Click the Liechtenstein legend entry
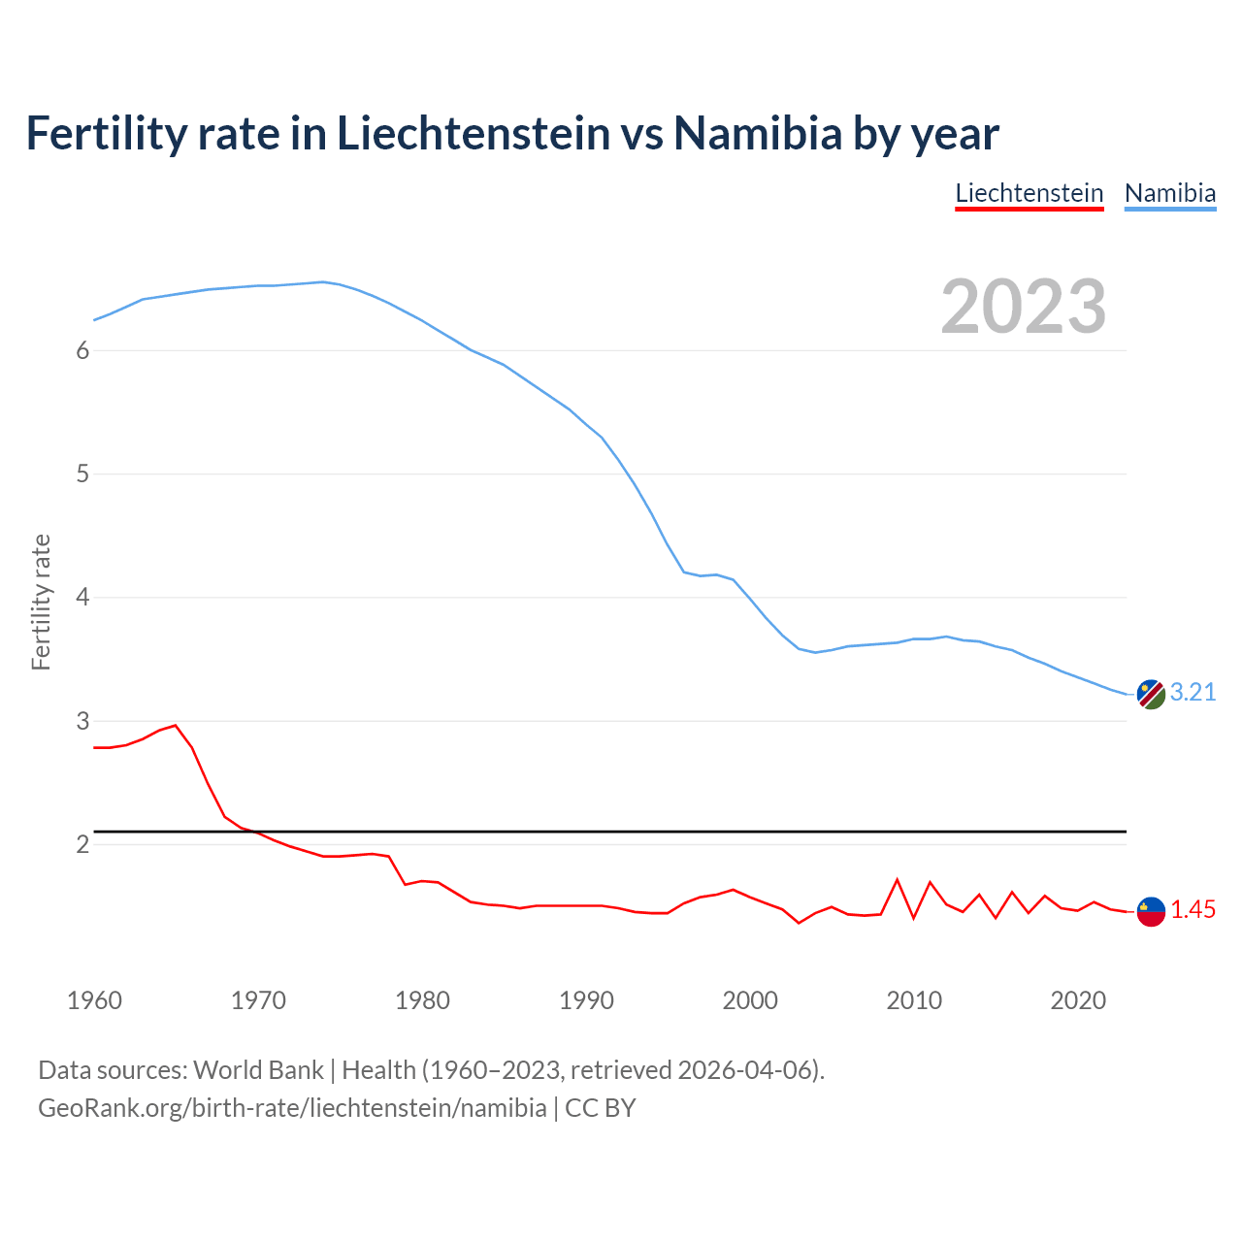tap(1029, 193)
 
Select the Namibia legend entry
tap(1169, 193)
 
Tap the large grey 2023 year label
tap(1023, 307)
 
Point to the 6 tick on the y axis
tap(82, 350)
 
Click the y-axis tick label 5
tap(82, 474)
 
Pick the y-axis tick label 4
tap(82, 597)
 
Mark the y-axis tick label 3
tap(82, 721)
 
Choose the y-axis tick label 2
tap(82, 844)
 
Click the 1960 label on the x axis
tap(94, 1000)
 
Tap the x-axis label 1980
tap(422, 1000)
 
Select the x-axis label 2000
tap(750, 1000)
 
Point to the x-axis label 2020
tap(1078, 1000)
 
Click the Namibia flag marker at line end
tap(1151, 694)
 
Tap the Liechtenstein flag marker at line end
tap(1151, 911)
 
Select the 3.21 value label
tap(1193, 692)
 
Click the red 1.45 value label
tap(1193, 910)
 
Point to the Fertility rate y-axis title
tap(41, 602)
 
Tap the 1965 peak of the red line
tap(176, 725)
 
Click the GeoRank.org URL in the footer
tap(291, 1107)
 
